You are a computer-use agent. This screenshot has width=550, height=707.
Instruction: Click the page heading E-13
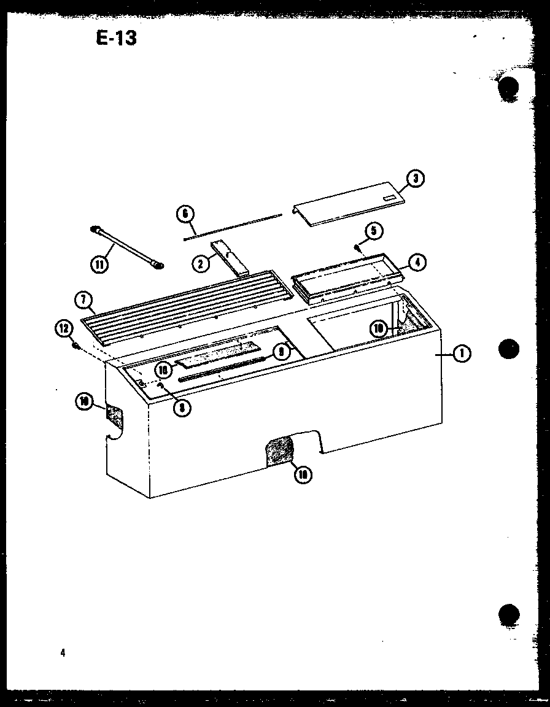116,38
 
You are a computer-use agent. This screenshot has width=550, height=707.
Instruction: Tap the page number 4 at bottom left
63,653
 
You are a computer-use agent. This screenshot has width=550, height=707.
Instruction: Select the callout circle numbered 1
462,353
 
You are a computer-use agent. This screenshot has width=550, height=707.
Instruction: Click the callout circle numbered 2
199,264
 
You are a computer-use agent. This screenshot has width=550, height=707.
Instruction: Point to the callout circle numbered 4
416,263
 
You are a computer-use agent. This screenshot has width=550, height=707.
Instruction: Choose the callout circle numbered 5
373,231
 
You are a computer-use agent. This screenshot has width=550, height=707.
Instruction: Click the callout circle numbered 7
83,301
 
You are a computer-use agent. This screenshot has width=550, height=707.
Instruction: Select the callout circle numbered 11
98,265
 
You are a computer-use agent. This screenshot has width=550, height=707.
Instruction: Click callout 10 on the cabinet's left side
83,402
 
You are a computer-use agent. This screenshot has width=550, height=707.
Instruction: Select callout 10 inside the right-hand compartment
379,329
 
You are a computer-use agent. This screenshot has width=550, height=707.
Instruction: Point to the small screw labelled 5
357,247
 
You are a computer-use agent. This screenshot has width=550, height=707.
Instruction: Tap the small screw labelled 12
76,346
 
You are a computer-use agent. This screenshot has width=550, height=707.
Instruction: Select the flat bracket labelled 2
230,258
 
